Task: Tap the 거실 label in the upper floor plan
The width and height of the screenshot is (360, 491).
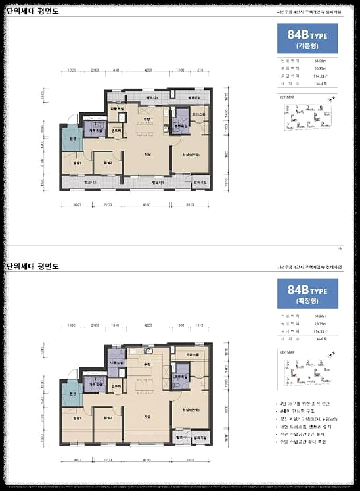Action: (148, 154)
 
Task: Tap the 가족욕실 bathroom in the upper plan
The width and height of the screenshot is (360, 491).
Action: (96, 130)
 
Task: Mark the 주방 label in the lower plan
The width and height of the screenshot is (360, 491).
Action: (148, 363)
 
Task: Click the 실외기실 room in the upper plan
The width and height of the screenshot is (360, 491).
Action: (202, 182)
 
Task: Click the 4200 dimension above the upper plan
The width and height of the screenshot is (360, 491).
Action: (148, 70)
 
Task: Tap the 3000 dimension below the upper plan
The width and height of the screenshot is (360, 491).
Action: (76, 205)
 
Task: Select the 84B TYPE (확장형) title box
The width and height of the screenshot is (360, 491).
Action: (307, 293)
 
